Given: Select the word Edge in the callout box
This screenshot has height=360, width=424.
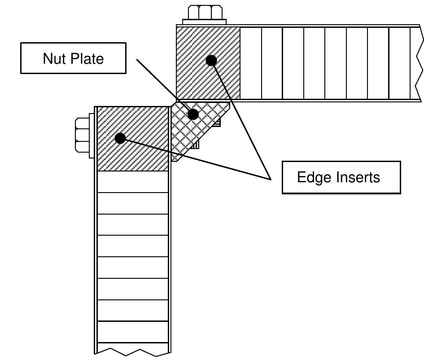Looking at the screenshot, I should pyautogui.click(x=312, y=177).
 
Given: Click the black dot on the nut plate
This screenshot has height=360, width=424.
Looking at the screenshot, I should pyautogui.click(x=193, y=114).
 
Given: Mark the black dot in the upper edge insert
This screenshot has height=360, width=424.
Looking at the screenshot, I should pyautogui.click(x=211, y=60).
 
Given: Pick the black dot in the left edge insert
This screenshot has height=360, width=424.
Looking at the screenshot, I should pyautogui.click(x=120, y=138).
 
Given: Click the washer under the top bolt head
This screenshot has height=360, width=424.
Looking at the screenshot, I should pyautogui.click(x=204, y=22).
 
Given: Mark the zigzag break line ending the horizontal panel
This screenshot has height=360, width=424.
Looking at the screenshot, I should pyautogui.click(x=420, y=63).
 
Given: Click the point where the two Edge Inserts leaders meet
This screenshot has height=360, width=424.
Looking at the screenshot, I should pyautogui.click(x=271, y=180).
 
